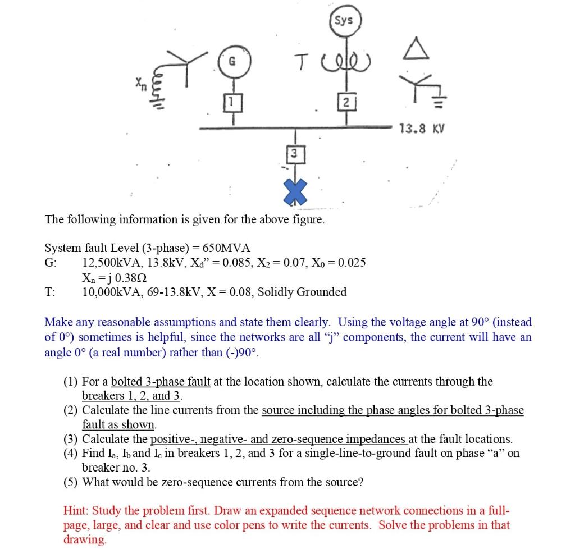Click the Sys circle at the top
click(344, 21)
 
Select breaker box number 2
click(346, 102)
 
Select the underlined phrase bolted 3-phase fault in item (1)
click(161, 382)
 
